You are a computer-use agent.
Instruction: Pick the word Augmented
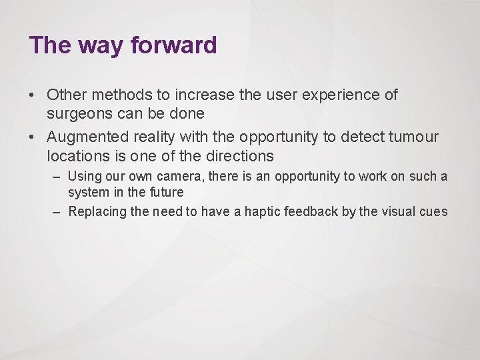[x=85, y=137]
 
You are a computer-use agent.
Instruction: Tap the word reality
[x=153, y=137]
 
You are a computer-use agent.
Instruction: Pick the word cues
[x=434, y=212]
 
